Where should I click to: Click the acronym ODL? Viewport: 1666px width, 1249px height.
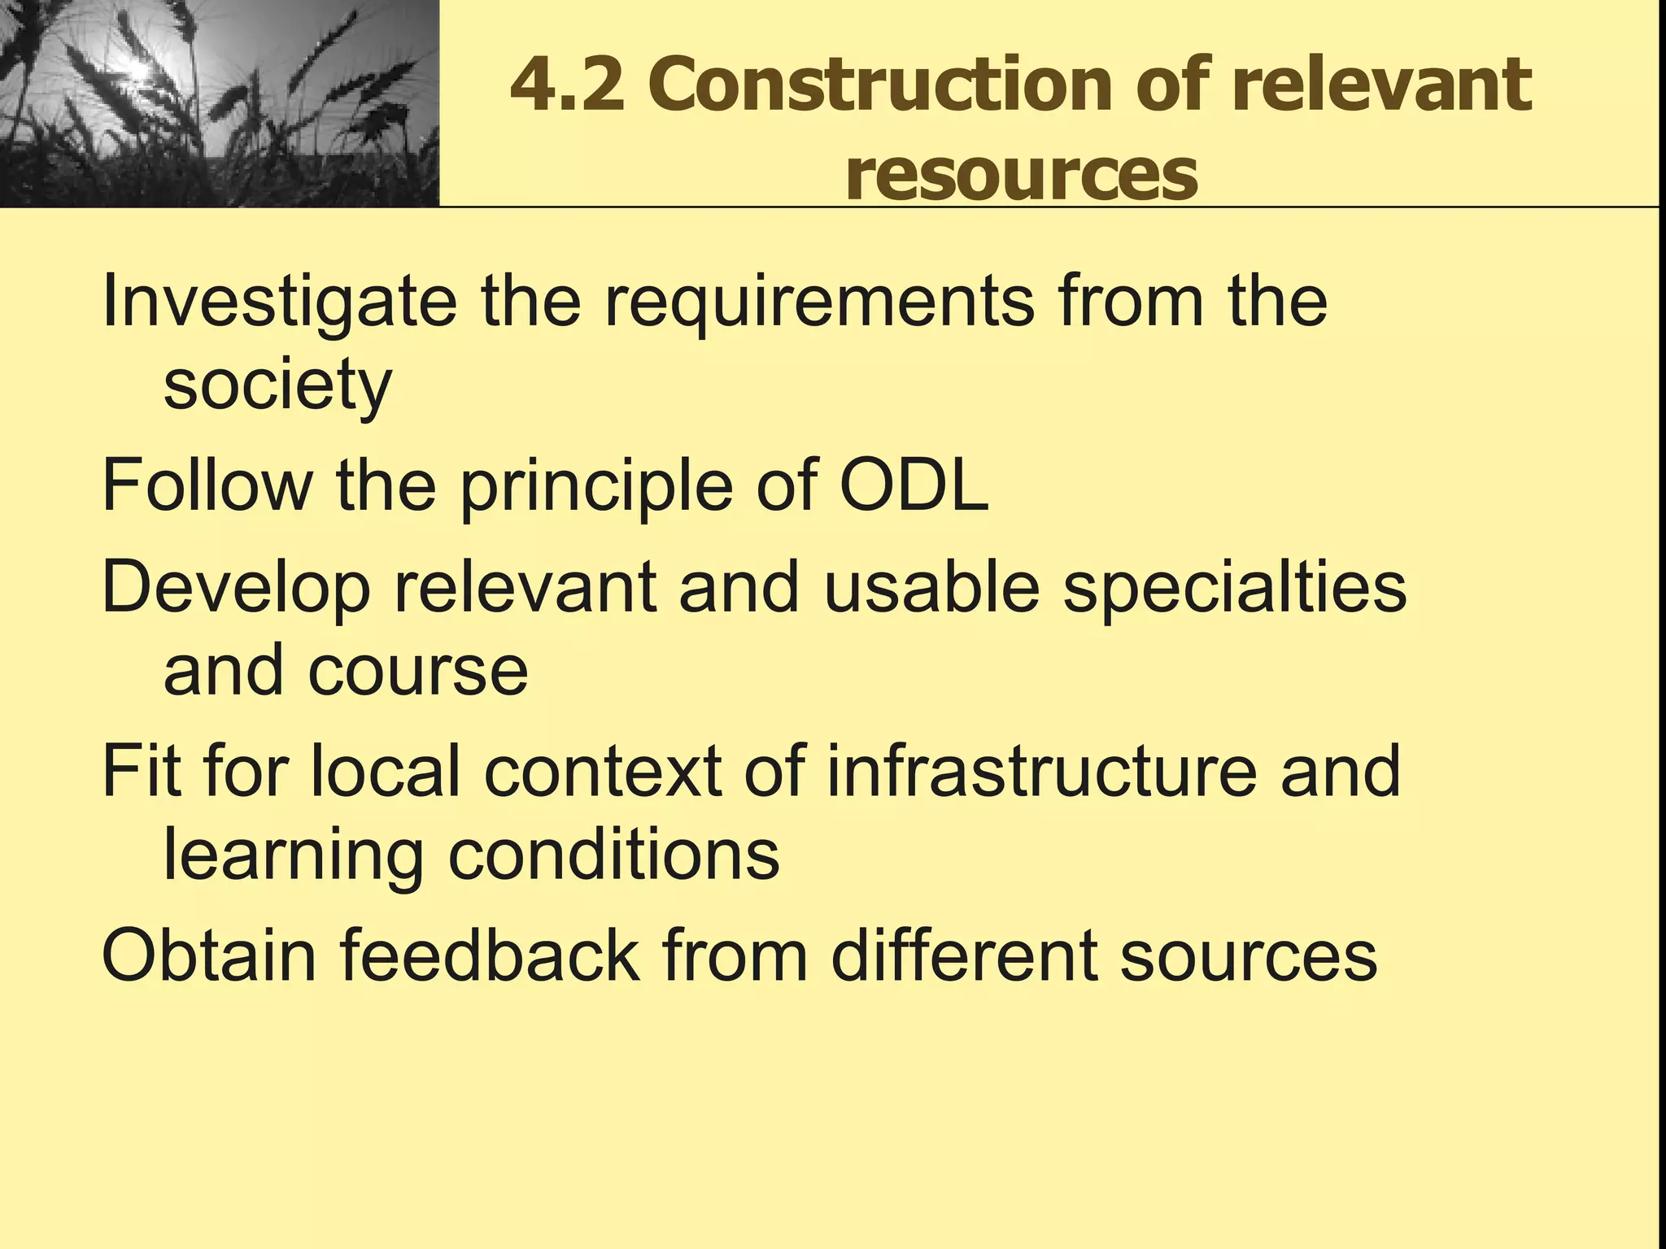[x=914, y=485]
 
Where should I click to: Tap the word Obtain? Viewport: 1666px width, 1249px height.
[x=209, y=955]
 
